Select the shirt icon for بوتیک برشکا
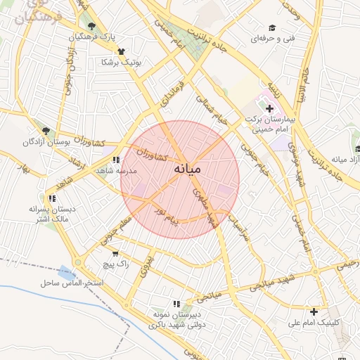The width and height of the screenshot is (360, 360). point(121,51)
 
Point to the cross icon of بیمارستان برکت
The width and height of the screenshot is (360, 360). point(270,108)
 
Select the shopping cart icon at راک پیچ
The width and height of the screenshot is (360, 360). point(115,254)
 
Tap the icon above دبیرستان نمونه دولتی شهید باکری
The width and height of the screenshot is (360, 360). point(186,295)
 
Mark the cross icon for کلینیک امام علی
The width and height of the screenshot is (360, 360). point(314,311)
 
